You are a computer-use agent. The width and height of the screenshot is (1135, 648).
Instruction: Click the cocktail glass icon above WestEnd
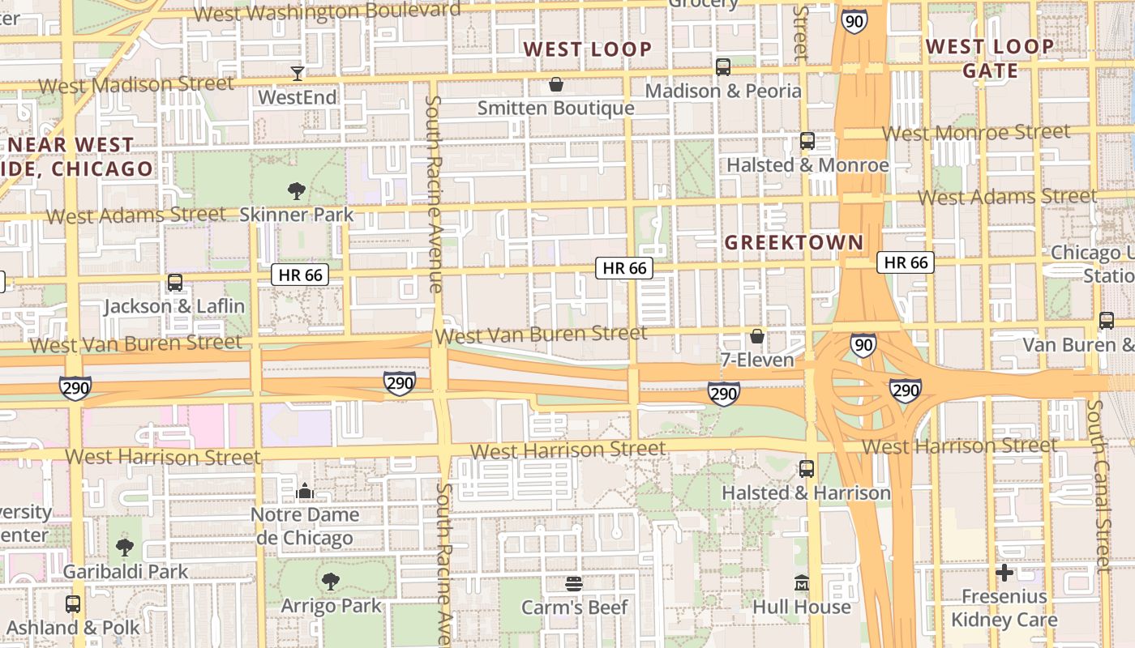298,74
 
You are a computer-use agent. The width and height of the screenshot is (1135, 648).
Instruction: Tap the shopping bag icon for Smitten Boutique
556,84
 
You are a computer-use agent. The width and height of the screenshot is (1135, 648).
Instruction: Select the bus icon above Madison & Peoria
722,67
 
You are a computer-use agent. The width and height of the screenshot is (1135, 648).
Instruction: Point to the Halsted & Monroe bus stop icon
807,141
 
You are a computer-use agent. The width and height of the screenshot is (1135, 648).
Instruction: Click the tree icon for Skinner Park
297,191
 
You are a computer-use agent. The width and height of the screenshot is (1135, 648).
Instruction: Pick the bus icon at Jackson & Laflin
174,283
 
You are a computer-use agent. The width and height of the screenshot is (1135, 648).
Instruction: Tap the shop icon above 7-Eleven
756,336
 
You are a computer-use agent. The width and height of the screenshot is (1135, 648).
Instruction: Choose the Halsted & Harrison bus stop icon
806,468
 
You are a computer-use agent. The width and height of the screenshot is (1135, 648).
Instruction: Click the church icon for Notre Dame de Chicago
305,491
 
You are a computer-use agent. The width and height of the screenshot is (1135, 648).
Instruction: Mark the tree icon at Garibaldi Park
125,548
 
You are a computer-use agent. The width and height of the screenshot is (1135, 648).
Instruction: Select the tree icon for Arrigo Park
330,581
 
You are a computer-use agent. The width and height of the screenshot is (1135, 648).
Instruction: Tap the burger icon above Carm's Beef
574,583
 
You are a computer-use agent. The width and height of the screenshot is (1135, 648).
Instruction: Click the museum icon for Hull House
802,583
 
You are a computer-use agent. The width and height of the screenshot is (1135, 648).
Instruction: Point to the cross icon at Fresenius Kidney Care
1004,573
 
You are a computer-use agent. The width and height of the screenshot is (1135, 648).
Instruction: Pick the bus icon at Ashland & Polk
73,604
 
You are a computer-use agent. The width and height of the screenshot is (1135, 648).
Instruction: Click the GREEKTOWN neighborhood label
794,242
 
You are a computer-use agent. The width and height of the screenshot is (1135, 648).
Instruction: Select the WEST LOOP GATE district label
990,58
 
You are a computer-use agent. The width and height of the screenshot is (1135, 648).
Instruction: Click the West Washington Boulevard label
328,12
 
